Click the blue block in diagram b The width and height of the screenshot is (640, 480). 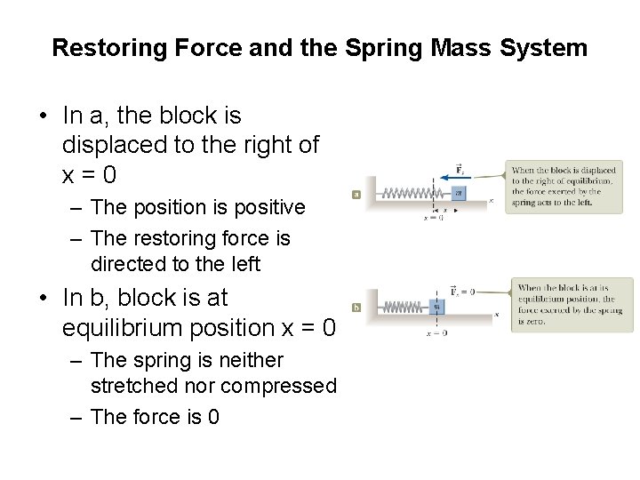click(436, 307)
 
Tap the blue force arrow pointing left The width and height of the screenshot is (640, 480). click(452, 177)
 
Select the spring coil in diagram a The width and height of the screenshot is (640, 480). click(406, 192)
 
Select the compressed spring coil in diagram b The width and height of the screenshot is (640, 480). click(398, 307)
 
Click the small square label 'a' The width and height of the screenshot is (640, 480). click(356, 193)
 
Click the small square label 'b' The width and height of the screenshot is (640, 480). click(356, 308)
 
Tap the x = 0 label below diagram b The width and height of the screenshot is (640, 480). click(436, 332)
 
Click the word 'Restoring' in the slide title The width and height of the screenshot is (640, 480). click(97, 47)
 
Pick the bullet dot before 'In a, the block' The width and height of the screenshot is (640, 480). click(43, 116)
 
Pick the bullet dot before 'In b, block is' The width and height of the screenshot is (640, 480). click(43, 298)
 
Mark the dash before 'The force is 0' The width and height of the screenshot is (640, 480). click(76, 417)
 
